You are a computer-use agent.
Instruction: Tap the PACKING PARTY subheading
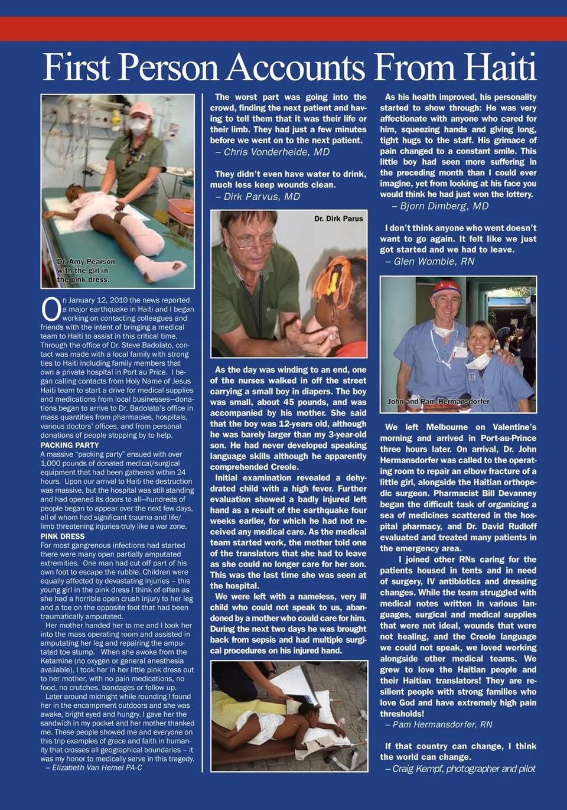click(70, 445)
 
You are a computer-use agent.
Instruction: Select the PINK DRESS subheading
click(63, 536)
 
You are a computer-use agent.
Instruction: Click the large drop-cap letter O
click(51, 310)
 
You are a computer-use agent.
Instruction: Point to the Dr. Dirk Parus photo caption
click(338, 219)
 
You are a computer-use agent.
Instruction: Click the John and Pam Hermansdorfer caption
click(438, 401)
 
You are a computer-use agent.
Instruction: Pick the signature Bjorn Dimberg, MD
click(440, 206)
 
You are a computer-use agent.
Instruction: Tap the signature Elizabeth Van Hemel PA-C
click(94, 767)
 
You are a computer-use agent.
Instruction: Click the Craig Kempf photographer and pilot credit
click(460, 769)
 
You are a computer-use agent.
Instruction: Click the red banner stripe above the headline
click(283, 28)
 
